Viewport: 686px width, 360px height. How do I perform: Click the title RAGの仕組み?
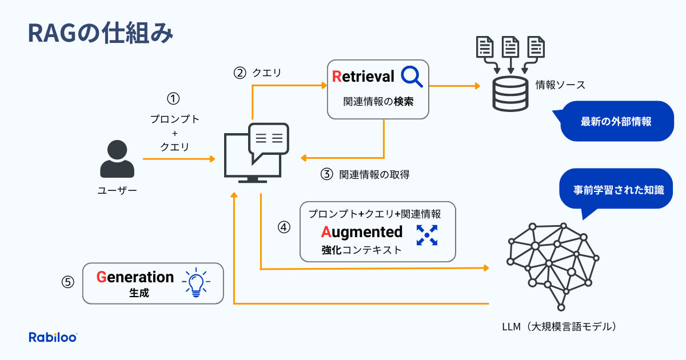point(101,33)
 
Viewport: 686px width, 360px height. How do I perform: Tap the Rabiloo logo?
point(53,337)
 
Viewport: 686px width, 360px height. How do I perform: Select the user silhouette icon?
point(117,159)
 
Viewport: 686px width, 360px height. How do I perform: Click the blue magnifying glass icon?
point(412,77)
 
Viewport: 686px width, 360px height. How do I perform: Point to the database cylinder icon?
point(510,94)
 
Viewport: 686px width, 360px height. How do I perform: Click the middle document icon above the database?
point(510,47)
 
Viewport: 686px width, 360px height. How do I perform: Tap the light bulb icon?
point(196,282)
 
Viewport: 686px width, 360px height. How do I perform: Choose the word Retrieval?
point(363,77)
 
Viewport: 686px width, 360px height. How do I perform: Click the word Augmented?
point(362,232)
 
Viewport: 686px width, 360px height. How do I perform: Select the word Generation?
point(135,277)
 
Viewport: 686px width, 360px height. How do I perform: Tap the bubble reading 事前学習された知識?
point(616,190)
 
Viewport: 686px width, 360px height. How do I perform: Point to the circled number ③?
point(326,174)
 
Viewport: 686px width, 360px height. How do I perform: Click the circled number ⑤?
point(67,282)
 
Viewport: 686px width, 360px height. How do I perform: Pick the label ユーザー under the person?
point(117,191)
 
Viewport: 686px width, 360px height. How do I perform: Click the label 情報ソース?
point(560,85)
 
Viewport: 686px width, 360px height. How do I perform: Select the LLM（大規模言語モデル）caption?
point(559,327)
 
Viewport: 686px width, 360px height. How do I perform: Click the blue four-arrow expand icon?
point(427,235)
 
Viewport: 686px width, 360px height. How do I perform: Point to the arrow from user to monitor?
point(179,159)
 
